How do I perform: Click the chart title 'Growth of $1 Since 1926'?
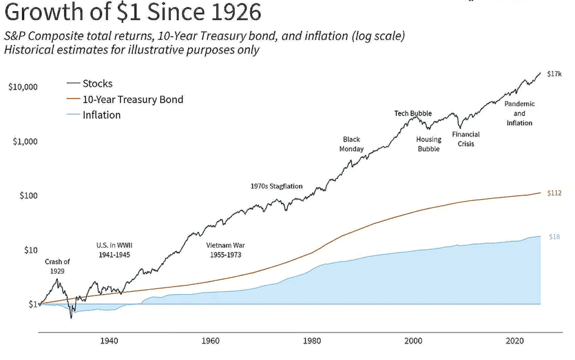pyautogui.click(x=133, y=12)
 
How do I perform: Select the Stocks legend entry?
pyautogui.click(x=97, y=84)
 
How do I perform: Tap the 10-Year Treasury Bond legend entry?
pyautogui.click(x=133, y=99)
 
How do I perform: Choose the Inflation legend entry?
pyautogui.click(x=101, y=115)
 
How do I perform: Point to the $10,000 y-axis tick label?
pyautogui.click(x=22, y=87)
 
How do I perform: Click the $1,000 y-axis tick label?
pyautogui.click(x=25, y=142)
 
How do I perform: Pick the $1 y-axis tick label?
pyautogui.click(x=33, y=304)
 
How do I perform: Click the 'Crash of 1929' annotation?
pyautogui.click(x=57, y=266)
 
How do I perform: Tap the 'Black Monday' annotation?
pyautogui.click(x=352, y=144)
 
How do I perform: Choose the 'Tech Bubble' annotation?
pyautogui.click(x=413, y=113)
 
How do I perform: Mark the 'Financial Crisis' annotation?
pyautogui.click(x=466, y=139)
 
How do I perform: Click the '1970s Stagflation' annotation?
pyautogui.click(x=276, y=186)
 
